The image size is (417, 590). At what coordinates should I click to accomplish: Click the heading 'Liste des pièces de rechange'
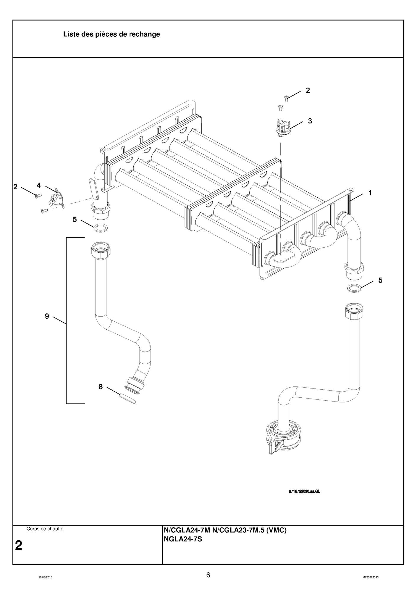[111, 34]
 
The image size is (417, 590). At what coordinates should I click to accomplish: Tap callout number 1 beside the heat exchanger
[370, 193]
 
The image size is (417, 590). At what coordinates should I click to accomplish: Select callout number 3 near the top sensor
[310, 121]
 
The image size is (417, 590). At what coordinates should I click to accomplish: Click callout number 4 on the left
[39, 186]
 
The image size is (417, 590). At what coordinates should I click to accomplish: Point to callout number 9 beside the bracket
[47, 316]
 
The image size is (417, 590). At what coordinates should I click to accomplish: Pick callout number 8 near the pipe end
[101, 386]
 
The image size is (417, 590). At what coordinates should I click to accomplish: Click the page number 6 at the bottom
[208, 575]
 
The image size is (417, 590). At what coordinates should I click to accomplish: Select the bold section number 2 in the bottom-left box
[19, 545]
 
